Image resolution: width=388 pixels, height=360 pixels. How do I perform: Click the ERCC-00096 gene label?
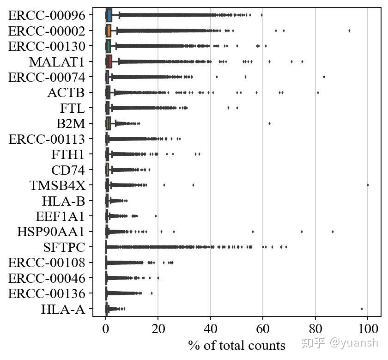(47, 15)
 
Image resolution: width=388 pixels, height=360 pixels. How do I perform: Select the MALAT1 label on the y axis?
(57, 61)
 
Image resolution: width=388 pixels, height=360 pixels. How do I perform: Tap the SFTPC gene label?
(64, 247)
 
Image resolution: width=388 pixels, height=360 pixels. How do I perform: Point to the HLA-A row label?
(63, 309)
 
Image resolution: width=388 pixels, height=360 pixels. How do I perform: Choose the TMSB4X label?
(57, 185)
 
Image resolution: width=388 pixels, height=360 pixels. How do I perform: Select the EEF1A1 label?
(60, 216)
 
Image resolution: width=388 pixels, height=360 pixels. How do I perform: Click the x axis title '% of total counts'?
(236, 346)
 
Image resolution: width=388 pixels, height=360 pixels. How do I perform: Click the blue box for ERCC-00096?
(109, 15)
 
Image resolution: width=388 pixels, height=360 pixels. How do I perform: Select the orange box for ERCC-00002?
(108, 31)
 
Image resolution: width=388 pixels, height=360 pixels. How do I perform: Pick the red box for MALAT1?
(109, 61)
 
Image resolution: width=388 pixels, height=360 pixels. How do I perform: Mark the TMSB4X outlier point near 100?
(368, 185)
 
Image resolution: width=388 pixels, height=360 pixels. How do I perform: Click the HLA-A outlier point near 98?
(362, 309)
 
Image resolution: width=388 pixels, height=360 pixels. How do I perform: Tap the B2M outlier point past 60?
(269, 123)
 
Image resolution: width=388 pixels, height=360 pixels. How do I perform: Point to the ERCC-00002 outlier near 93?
(349, 31)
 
